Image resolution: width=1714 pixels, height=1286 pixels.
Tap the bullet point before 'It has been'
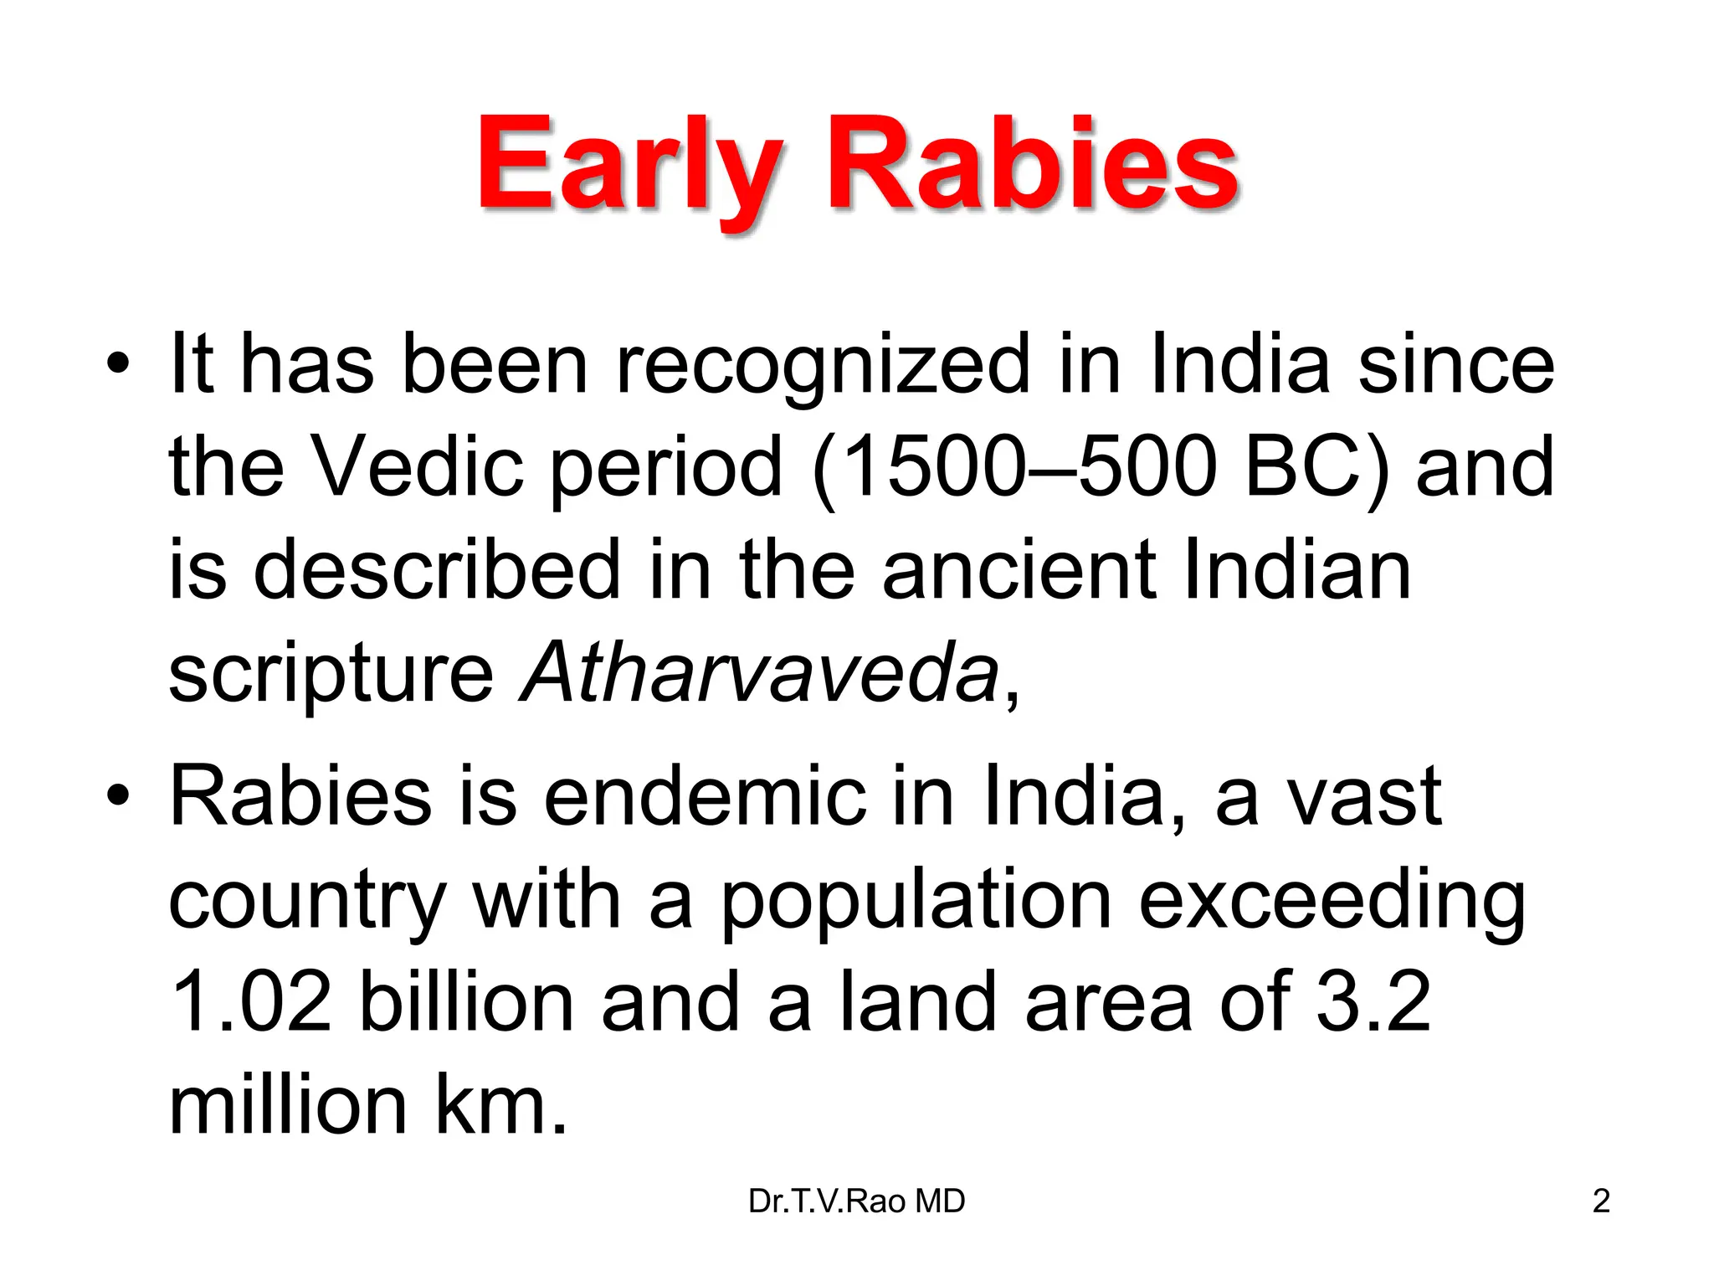[118, 364]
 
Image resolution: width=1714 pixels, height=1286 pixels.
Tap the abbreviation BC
[1306, 466]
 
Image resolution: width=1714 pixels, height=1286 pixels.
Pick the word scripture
[331, 675]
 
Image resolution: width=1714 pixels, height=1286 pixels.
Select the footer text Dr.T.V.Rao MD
[856, 1201]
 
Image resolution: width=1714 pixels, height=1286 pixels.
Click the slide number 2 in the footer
[1601, 1201]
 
